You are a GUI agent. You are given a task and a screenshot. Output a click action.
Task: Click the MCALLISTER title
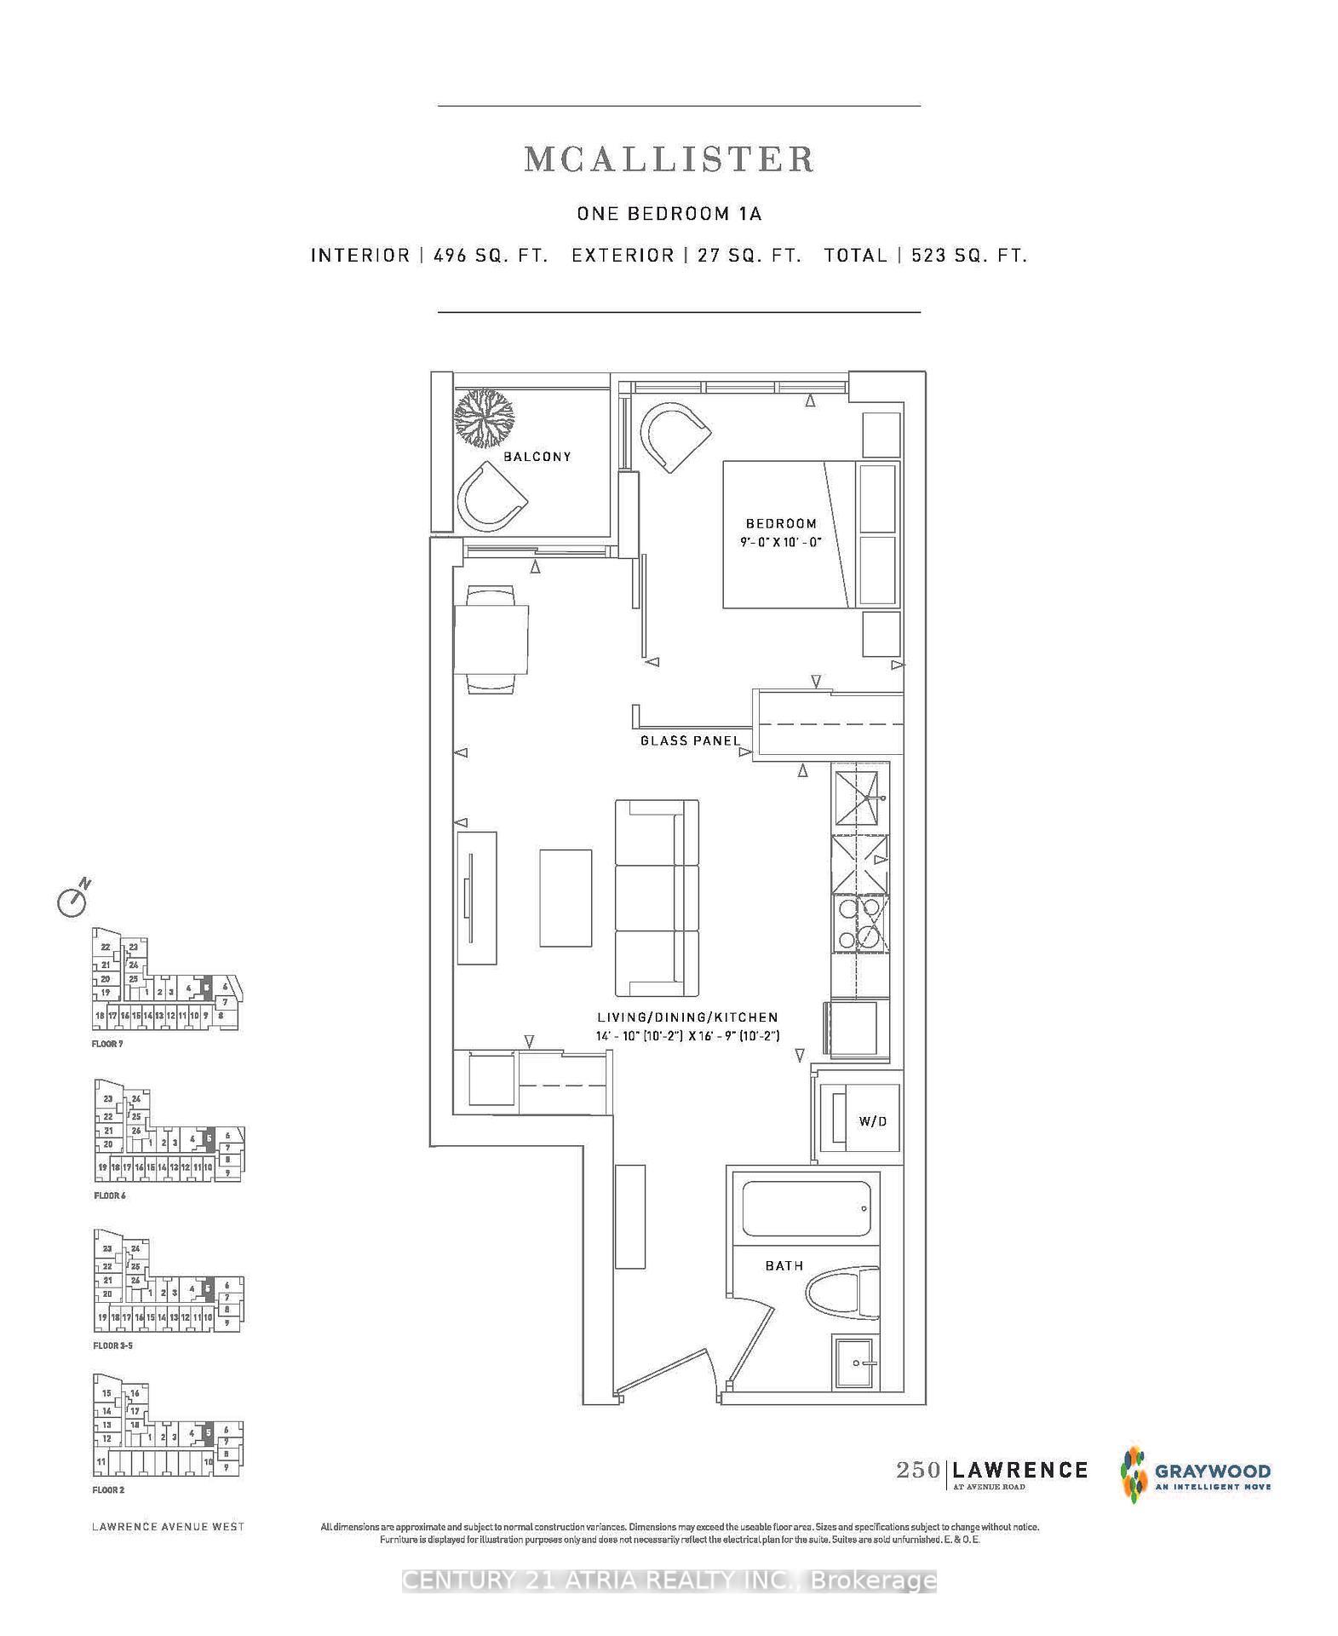click(x=669, y=159)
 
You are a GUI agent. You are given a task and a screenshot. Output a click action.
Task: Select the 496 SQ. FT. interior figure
click(x=491, y=256)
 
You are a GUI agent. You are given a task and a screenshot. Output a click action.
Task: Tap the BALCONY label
click(x=537, y=457)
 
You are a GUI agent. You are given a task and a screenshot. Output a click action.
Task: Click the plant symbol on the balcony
click(x=485, y=418)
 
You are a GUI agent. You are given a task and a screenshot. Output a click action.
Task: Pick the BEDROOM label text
click(x=781, y=523)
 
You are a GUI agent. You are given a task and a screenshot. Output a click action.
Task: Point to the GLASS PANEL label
click(x=690, y=740)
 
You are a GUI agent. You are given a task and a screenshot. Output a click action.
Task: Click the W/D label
click(x=872, y=1121)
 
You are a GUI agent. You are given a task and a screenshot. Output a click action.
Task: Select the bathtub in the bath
click(x=806, y=1208)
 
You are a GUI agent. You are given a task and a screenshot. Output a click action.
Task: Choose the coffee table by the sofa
click(x=566, y=897)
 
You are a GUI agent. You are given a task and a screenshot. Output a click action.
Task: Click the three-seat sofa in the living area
click(x=657, y=898)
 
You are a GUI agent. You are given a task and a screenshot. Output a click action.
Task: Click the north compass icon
click(x=73, y=899)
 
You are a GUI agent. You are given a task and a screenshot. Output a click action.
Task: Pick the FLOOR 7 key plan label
click(x=107, y=1044)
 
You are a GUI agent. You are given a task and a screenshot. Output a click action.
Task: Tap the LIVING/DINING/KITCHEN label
click(x=687, y=1017)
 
